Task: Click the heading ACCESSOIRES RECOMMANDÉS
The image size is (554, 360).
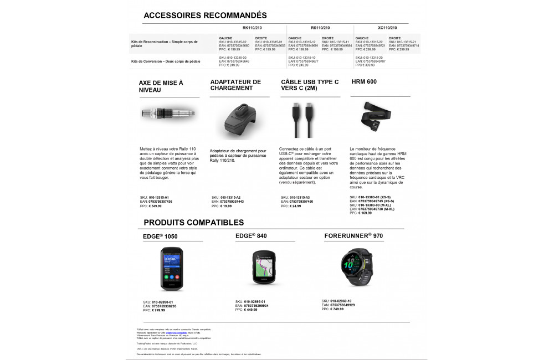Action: click(x=205, y=16)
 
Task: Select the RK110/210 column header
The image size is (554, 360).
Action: click(x=252, y=28)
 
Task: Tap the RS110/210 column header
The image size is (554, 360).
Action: click(x=320, y=28)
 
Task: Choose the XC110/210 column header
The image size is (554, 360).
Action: click(x=387, y=28)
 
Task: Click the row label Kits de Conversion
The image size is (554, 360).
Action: click(x=166, y=61)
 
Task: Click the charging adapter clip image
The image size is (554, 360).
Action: click(x=239, y=120)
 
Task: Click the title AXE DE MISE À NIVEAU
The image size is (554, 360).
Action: click(x=161, y=86)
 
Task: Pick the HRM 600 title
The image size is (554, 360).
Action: click(x=364, y=82)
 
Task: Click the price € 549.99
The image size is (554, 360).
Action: click(x=157, y=206)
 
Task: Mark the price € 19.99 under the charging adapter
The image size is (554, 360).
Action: click(x=227, y=206)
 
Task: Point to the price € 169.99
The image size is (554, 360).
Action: click(x=366, y=213)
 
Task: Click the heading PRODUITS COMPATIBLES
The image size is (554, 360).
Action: click(x=193, y=223)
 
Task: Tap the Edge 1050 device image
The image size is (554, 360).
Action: click(x=171, y=269)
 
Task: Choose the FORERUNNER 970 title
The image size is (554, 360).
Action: click(x=353, y=236)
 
